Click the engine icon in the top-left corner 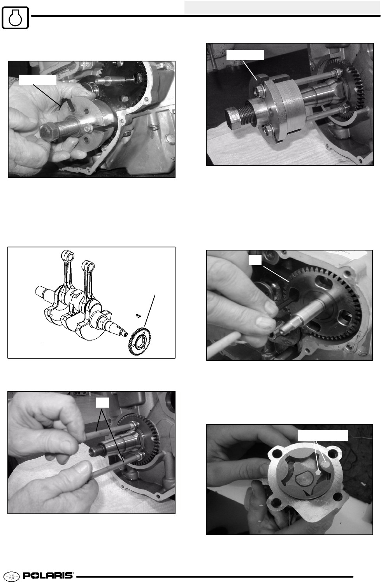15,18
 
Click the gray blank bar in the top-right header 282,7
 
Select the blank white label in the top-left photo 38,80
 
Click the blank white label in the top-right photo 245,55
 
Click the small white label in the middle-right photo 255,260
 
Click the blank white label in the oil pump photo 323,435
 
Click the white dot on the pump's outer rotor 325,464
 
